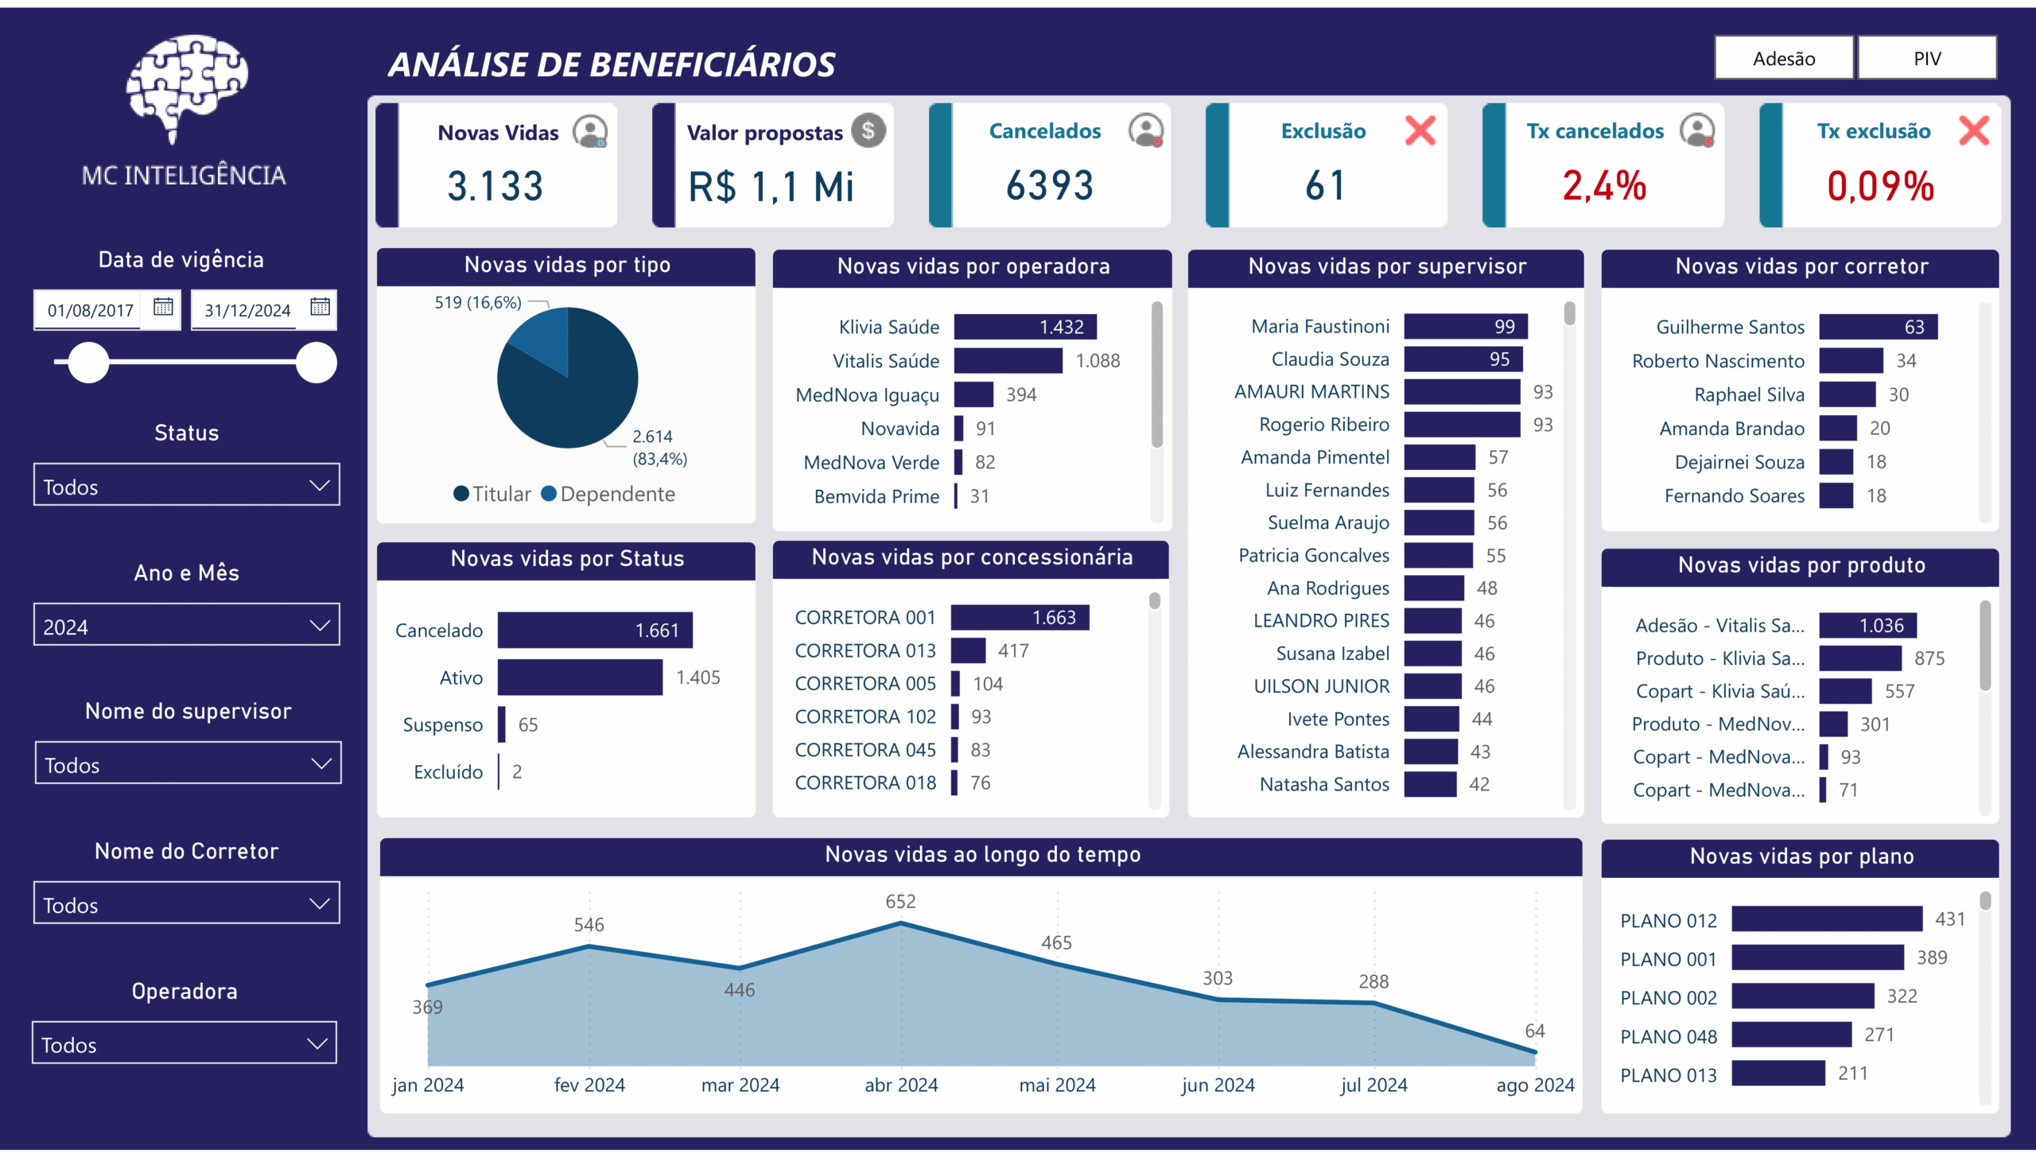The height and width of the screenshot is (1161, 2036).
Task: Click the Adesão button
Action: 1783,58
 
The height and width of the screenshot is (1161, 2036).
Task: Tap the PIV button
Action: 1927,58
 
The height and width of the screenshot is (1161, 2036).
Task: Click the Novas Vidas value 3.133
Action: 495,187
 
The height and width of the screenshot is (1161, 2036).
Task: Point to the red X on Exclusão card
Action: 1420,130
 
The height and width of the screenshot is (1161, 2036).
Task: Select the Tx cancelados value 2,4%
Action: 1604,187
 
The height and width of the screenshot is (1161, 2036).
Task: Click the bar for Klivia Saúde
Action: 1025,327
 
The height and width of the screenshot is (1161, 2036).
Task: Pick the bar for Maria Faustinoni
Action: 1465,326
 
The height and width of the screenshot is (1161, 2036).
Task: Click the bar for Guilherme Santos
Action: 1877,327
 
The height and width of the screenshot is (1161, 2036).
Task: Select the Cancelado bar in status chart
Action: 594,631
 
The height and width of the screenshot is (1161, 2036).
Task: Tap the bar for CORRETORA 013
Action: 968,650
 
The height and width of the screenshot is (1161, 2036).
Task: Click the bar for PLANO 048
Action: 1791,1035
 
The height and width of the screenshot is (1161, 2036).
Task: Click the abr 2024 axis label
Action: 901,1085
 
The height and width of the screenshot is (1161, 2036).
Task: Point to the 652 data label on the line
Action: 900,902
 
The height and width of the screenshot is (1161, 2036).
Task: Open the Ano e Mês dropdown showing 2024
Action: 187,626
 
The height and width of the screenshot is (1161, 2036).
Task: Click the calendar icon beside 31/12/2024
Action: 320,307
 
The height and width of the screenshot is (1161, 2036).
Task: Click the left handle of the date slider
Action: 87,363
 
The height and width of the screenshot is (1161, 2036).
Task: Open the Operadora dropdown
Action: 185,1044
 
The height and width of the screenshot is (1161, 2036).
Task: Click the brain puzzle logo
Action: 186,86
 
